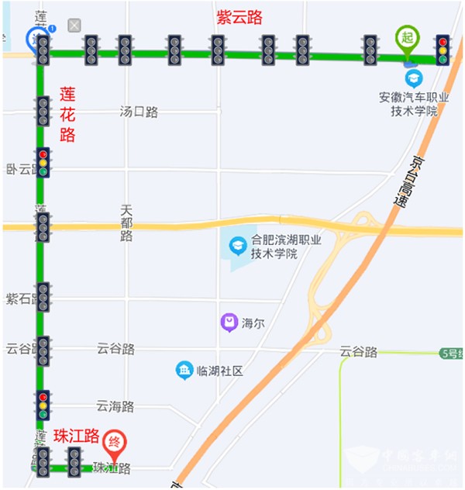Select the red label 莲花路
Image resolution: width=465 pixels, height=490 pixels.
tap(67, 114)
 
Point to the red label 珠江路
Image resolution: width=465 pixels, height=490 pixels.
tap(77, 437)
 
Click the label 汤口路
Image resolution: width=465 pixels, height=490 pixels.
tap(139, 112)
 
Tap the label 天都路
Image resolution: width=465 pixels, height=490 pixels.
tap(127, 223)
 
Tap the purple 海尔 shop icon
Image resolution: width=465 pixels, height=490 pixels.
tap(229, 323)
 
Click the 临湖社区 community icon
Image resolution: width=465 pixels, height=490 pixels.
tap(184, 371)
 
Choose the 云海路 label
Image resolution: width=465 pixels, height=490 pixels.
tap(115, 406)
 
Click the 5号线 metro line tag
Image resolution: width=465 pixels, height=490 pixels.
tap(451, 354)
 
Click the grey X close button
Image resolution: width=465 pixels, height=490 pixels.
tap(74, 26)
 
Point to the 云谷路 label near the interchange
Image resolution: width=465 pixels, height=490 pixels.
tap(358, 351)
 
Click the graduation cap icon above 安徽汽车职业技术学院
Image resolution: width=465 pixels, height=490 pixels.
tap(414, 78)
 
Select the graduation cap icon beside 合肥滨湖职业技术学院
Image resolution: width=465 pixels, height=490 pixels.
tap(237, 247)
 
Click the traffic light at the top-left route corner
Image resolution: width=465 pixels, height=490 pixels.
tap(43, 50)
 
